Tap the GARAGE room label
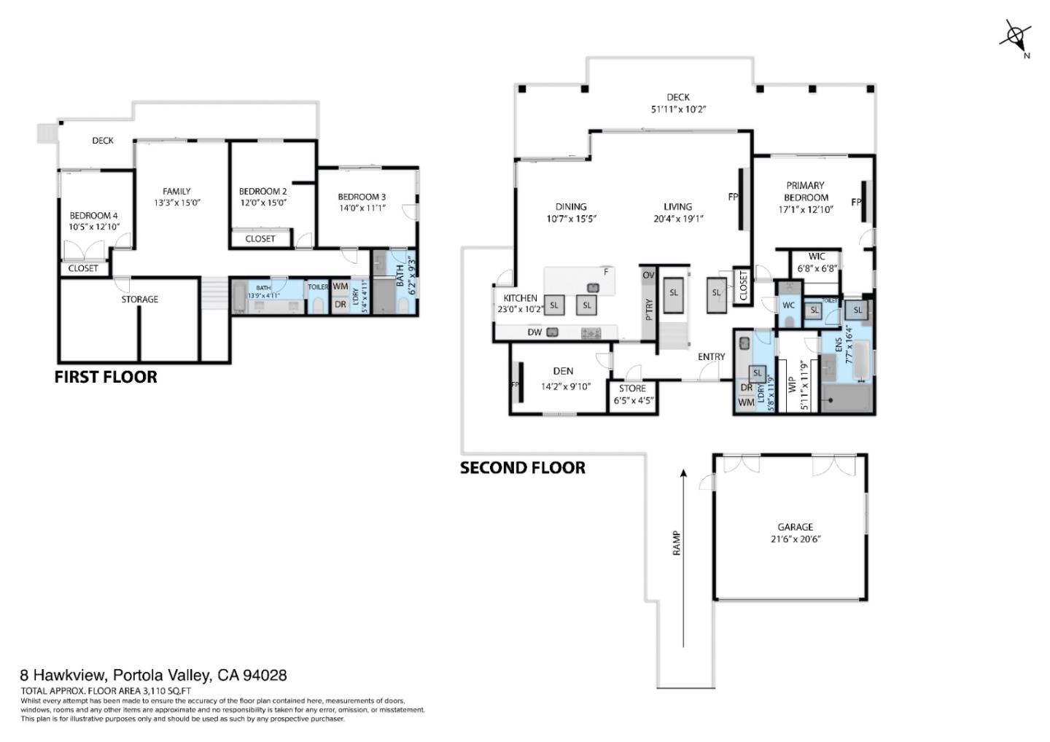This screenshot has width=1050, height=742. coord(795,526)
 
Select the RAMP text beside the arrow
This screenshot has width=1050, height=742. coord(676,543)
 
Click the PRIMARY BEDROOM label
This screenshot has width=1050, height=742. coord(805,191)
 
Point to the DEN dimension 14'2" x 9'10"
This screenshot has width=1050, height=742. coord(565,387)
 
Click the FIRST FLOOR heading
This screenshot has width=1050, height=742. coord(106,377)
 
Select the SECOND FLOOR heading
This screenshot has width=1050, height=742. coord(522,468)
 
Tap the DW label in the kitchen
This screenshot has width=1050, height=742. coord(534,332)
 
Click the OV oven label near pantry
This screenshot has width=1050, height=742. coord(648,276)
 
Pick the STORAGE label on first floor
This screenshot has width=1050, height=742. coord(139,299)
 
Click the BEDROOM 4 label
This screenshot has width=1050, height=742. coord(93,215)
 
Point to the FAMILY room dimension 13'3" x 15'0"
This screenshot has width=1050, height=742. coord(176,203)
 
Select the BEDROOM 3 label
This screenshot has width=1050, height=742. coord(362,196)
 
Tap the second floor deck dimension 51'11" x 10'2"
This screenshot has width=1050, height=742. coord(678,109)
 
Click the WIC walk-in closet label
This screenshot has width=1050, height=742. coord(817,256)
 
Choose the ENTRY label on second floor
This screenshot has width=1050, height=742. coord(711,356)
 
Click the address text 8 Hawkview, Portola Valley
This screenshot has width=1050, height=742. coord(153,676)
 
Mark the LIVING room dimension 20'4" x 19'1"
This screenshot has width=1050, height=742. coord(678,219)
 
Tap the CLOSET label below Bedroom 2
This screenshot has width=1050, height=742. coord(260,238)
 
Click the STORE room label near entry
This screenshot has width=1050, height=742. coord(632,388)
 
